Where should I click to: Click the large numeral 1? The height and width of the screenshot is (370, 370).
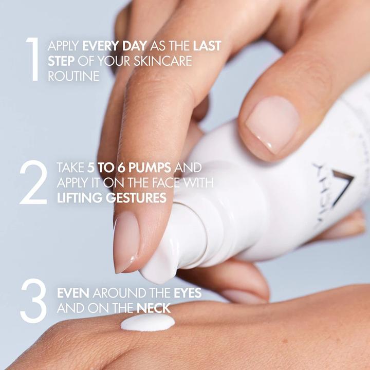(x=33, y=60)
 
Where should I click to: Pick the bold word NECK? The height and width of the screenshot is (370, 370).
(x=153, y=308)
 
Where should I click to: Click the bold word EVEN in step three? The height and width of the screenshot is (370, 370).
(x=73, y=293)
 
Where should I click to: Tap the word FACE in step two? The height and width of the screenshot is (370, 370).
(x=160, y=183)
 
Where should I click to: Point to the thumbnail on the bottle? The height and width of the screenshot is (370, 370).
(x=272, y=124)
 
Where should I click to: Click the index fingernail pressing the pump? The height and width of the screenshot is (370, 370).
(x=125, y=242)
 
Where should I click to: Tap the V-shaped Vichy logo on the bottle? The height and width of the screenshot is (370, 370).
(x=340, y=188)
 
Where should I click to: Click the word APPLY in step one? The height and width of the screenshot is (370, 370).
(x=63, y=46)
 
